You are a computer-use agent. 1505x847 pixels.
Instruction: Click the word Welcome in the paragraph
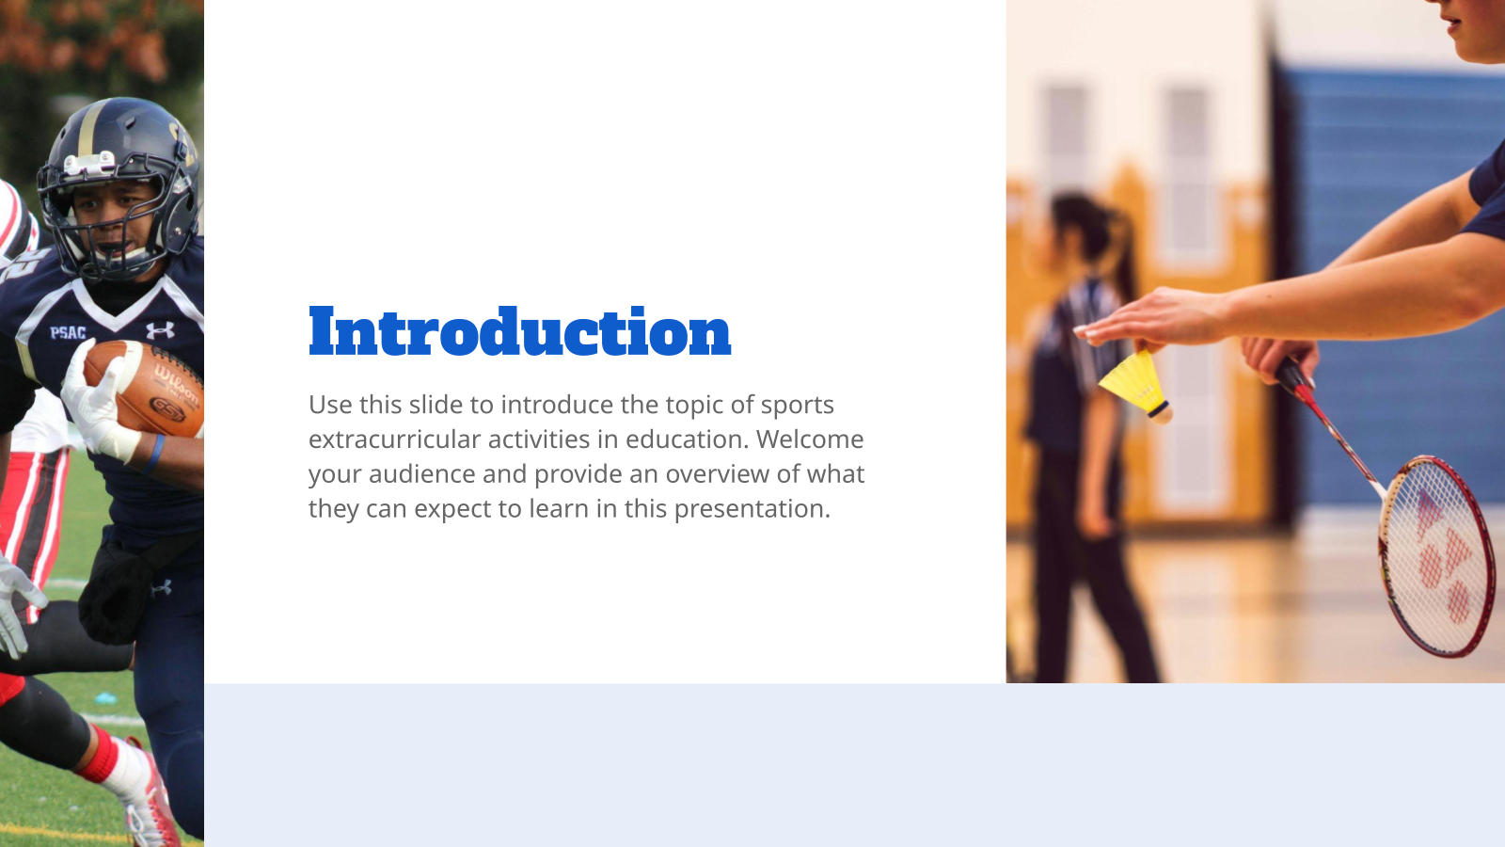(x=810, y=439)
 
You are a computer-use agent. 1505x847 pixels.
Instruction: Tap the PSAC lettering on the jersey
(x=68, y=332)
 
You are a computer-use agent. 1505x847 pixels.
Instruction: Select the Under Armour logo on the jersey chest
(x=160, y=330)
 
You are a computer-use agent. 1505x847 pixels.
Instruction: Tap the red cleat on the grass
(x=150, y=800)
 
